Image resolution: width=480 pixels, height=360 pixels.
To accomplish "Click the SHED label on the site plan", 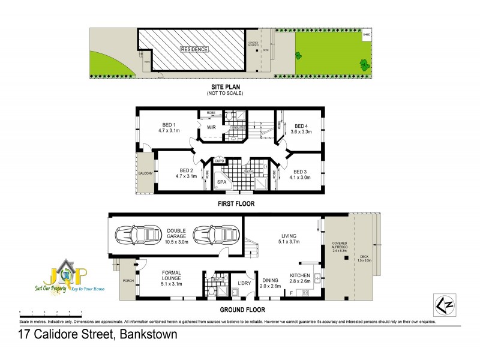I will click(366, 35).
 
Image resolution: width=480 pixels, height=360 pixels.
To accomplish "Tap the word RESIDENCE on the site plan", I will click(194, 49).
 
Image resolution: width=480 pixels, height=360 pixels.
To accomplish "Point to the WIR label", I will click(211, 128).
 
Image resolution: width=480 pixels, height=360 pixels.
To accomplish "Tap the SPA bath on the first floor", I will click(221, 182).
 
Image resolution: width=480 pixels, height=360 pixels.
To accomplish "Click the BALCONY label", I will click(145, 173).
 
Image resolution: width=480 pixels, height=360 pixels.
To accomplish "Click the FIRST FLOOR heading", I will click(235, 204).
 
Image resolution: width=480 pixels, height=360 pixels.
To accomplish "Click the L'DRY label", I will click(244, 283).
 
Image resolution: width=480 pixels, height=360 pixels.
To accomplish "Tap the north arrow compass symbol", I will click(443, 305).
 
